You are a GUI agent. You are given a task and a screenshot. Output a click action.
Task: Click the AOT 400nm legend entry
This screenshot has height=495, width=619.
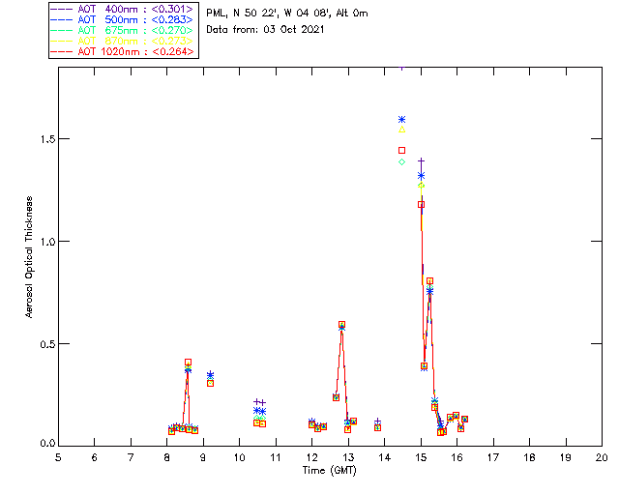[121, 9]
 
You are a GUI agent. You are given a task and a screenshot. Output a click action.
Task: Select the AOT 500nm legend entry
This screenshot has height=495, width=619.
[121, 19]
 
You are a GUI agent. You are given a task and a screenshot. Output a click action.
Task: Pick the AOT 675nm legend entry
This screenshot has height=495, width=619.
[121, 30]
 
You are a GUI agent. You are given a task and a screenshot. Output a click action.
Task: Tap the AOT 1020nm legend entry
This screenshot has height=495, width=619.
[121, 51]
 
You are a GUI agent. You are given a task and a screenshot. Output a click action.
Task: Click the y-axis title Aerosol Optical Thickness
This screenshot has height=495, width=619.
[30, 257]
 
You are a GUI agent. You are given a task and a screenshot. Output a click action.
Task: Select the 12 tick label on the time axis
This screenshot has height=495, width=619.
[311, 456]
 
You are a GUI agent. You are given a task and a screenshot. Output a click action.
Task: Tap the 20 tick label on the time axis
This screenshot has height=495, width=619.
[602, 456]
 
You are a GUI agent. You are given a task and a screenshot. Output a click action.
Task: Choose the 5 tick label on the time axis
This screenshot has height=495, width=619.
[58, 456]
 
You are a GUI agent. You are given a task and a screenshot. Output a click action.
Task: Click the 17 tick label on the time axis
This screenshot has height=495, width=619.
[493, 456]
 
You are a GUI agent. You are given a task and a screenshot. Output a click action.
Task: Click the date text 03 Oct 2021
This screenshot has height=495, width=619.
[289, 30]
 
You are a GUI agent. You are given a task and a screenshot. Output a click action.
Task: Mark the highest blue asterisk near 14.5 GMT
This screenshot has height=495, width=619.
[401, 119]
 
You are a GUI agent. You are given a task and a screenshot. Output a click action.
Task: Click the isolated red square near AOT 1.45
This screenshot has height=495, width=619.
[401, 150]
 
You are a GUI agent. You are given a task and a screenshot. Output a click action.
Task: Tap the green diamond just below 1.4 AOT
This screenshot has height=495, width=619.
[401, 161]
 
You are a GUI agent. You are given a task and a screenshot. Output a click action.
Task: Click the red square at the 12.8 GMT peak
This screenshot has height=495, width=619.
[341, 325]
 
